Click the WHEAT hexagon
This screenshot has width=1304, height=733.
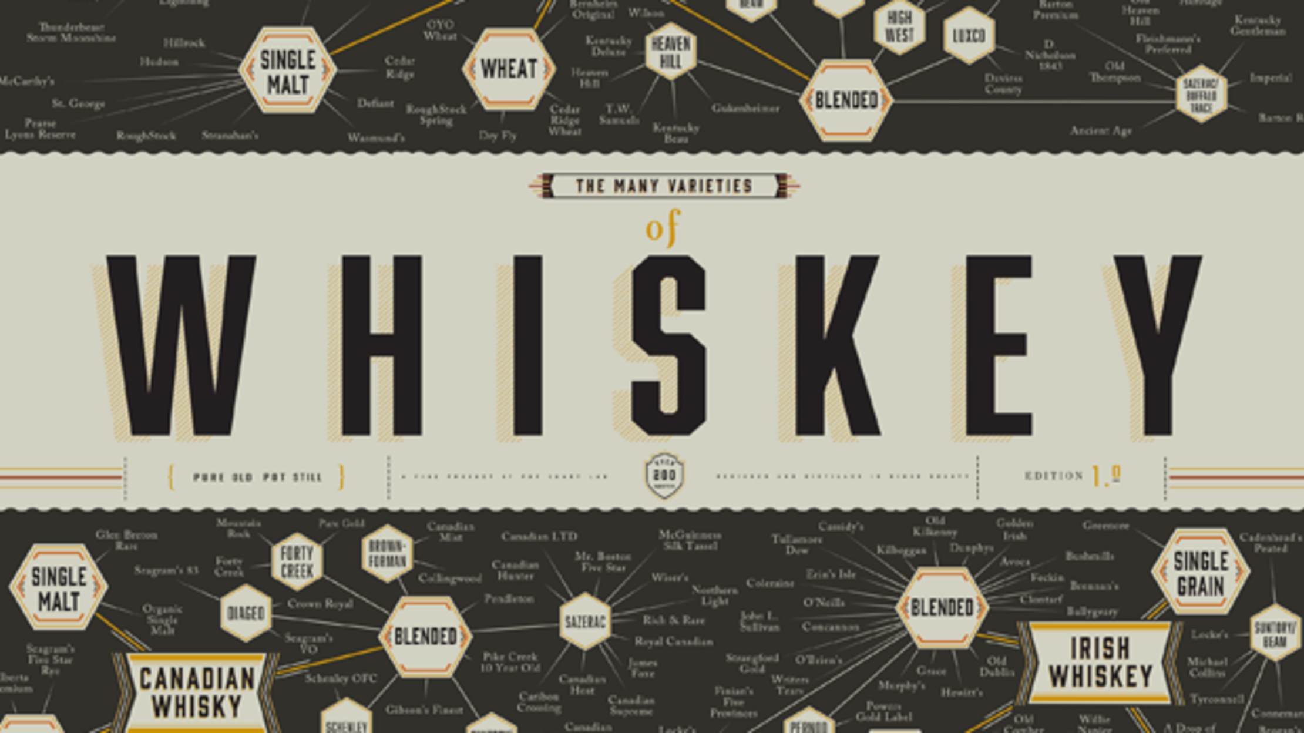click(509, 69)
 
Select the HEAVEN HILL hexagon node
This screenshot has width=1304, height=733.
click(671, 52)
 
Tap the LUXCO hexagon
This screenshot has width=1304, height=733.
click(969, 36)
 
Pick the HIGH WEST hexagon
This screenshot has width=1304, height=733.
click(899, 27)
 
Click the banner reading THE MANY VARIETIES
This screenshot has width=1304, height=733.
click(664, 186)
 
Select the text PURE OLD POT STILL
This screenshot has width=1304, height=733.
click(257, 477)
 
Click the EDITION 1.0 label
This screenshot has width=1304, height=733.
click(1072, 476)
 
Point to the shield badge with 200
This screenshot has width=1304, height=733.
click(664, 476)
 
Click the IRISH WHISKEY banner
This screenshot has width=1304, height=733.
click(1100, 663)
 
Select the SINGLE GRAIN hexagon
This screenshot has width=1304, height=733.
click(1201, 573)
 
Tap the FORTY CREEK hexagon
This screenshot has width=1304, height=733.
click(297, 561)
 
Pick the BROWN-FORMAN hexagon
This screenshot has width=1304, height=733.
click(387, 554)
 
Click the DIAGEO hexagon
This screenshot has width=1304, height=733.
click(246, 614)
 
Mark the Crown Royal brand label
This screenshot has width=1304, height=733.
click(320, 604)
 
